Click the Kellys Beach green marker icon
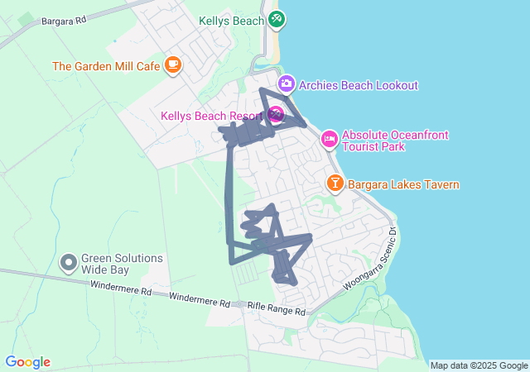[x=277, y=18]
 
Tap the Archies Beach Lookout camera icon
[x=287, y=84]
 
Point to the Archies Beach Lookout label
[x=359, y=84]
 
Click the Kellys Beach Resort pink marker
[x=276, y=114]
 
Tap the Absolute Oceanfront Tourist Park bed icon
[x=329, y=138]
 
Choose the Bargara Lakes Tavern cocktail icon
[x=335, y=184]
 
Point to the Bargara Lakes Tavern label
[x=403, y=184]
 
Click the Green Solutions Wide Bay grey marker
[x=69, y=264]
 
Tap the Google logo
[x=27, y=362]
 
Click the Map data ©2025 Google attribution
[x=478, y=365]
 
